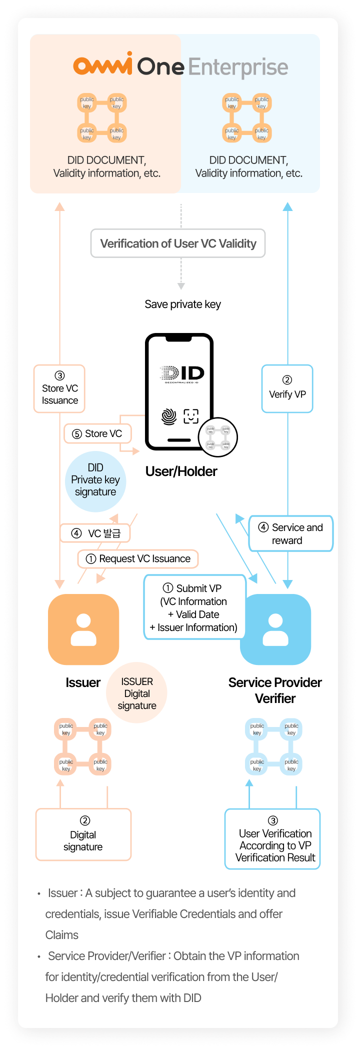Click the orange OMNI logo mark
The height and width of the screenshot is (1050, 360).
pyautogui.click(x=103, y=65)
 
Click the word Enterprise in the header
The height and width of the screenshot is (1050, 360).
pyautogui.click(x=238, y=67)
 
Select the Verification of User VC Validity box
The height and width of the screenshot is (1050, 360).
pyautogui.click(x=178, y=243)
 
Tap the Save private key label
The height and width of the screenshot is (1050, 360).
pyautogui.click(x=182, y=304)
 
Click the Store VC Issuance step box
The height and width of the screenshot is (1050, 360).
pyautogui.click(x=59, y=389)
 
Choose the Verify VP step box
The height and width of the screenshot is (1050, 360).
pyautogui.click(x=287, y=389)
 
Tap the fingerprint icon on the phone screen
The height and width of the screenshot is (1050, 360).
pyautogui.click(x=169, y=416)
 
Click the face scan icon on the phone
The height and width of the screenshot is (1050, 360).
pyautogui.click(x=191, y=416)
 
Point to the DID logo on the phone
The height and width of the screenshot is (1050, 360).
pyautogui.click(x=182, y=373)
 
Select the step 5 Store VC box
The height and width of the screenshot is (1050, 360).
pyautogui.click(x=97, y=433)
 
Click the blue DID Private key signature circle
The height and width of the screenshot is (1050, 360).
pyautogui.click(x=95, y=481)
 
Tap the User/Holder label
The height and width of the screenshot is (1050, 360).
pyautogui.click(x=181, y=471)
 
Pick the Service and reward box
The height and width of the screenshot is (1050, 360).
pyautogui.click(x=290, y=533)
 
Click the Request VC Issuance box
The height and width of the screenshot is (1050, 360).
pyautogui.click(x=138, y=558)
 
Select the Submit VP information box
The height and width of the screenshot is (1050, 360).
pyautogui.click(x=193, y=607)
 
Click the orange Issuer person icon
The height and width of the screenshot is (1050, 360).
pyautogui.click(x=83, y=629)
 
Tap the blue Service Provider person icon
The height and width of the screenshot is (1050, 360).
pyautogui.click(x=275, y=629)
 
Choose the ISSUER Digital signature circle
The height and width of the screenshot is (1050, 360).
pyautogui.click(x=137, y=693)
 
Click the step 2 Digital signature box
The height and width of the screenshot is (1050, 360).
pyautogui.click(x=83, y=834)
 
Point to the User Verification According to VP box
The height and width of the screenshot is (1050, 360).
pyautogui.click(x=272, y=839)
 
